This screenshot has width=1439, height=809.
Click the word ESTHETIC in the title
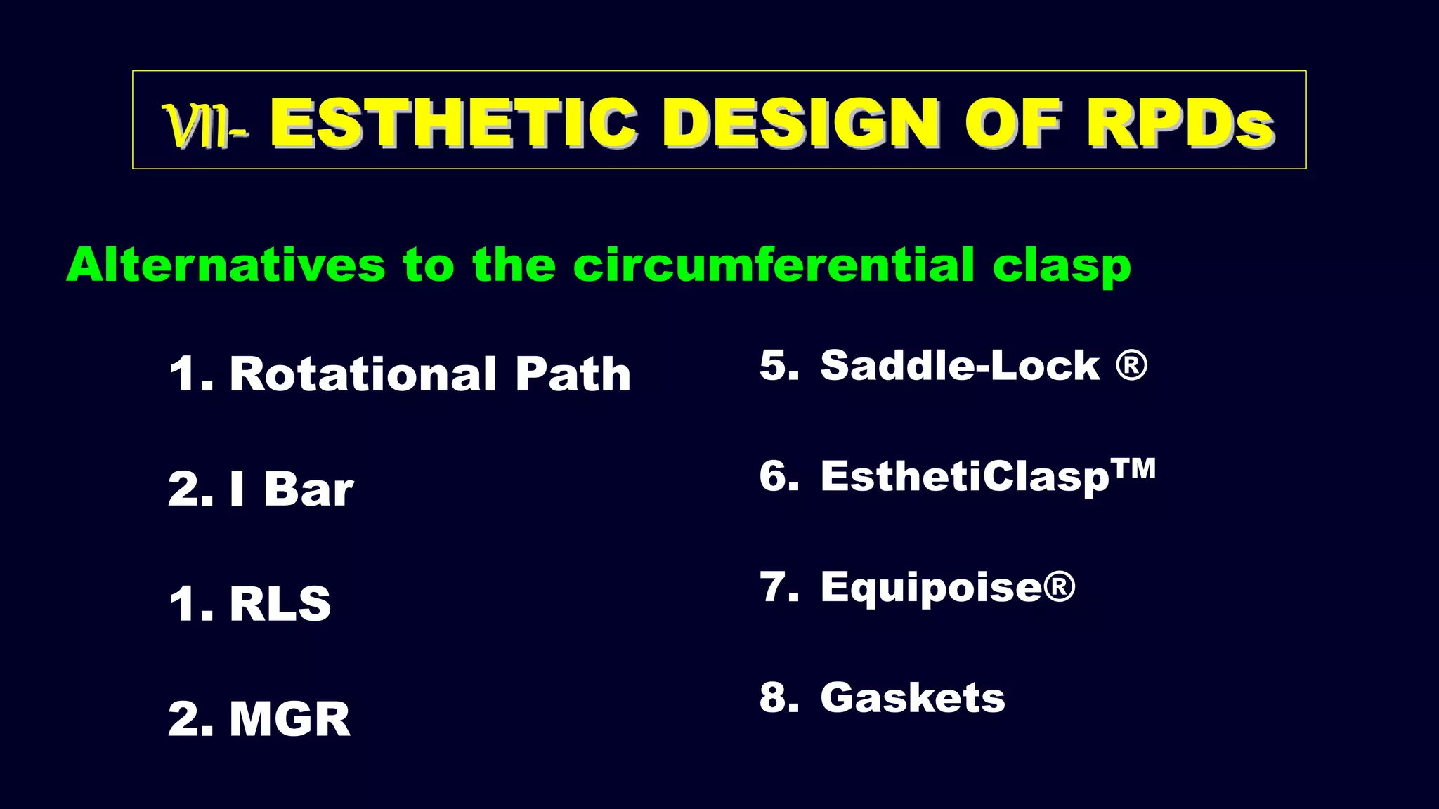[x=453, y=124]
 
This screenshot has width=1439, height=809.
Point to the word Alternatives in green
[x=226, y=265]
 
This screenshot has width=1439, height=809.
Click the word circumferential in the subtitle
[x=773, y=265]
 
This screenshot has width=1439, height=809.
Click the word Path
[x=573, y=374]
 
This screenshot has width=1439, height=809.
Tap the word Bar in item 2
[x=308, y=489]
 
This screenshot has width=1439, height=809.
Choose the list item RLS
[x=280, y=603]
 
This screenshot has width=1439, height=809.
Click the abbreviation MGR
[x=289, y=719]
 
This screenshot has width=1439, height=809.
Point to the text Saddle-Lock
[x=959, y=366]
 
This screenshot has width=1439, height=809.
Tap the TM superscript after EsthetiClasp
[x=1133, y=468]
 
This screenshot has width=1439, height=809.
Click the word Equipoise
[x=932, y=588]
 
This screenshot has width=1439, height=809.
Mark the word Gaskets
[x=913, y=698]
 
